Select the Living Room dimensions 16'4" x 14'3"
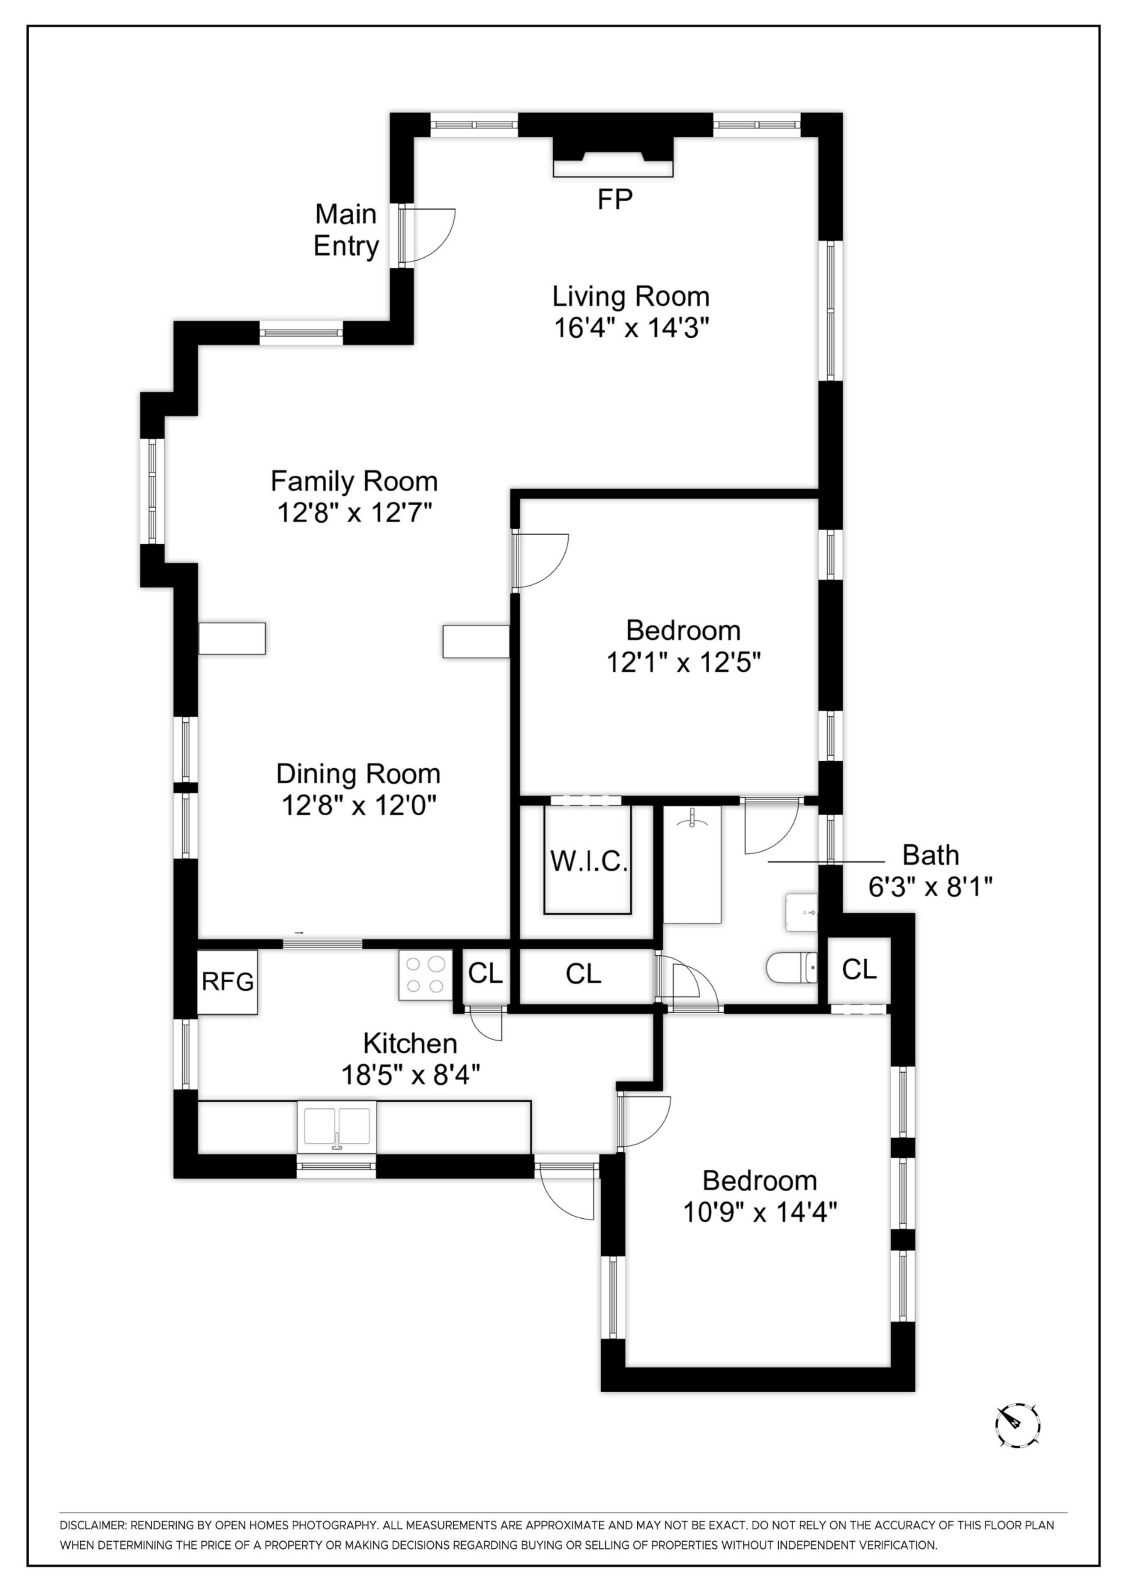[631, 328]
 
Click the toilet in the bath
[792, 968]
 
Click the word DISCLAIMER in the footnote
[92, 1525]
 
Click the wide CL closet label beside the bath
[583, 974]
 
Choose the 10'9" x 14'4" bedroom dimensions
[760, 1212]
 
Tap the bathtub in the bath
[692, 864]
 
